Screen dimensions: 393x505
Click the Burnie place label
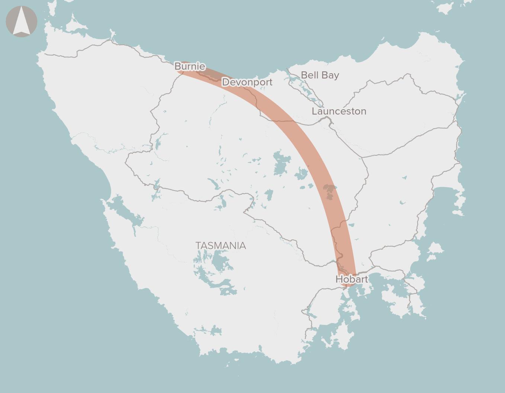click(x=190, y=66)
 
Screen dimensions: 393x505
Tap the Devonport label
click(x=247, y=82)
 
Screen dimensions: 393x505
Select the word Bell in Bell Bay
click(x=310, y=75)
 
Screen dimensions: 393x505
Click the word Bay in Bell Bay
click(x=331, y=75)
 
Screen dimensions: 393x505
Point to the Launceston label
click(x=339, y=111)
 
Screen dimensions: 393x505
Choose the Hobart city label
click(x=351, y=279)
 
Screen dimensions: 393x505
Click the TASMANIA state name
click(x=221, y=246)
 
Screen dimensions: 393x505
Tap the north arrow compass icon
click(x=22, y=22)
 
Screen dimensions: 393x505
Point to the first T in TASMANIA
click(x=198, y=246)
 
